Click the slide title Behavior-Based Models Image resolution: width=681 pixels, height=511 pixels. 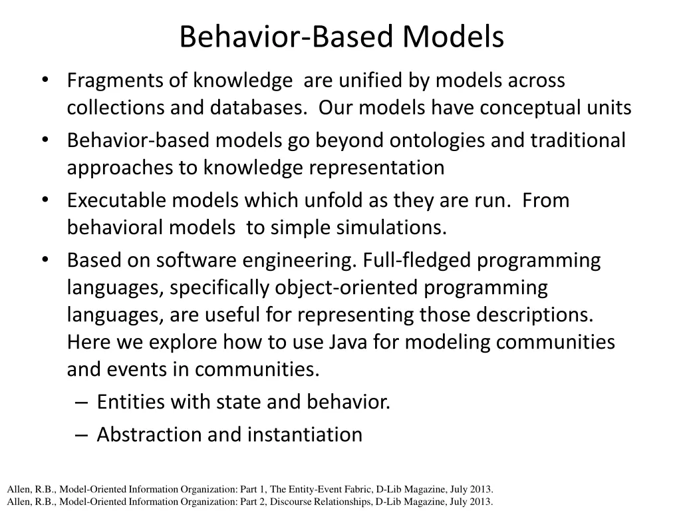(341, 37)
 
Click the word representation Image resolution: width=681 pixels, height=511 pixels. (376, 168)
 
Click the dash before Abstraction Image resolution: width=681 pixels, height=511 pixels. (80, 434)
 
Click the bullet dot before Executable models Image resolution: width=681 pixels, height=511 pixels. (45, 200)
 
